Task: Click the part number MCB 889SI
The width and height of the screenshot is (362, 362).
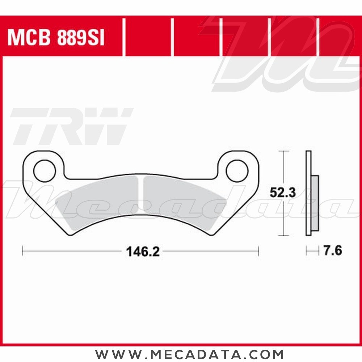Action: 56,38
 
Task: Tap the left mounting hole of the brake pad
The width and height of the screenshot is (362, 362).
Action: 45,171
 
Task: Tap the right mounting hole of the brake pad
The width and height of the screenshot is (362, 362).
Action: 237,171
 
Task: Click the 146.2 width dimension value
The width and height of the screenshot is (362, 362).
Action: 143,252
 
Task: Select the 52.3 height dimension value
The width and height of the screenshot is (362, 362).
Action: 283,192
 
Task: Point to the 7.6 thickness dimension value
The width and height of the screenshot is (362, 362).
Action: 333,251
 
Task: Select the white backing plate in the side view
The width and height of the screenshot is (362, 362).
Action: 308,193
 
